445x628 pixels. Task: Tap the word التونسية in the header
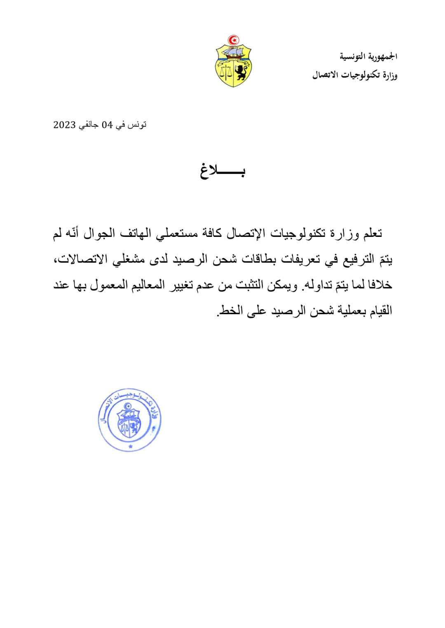354,57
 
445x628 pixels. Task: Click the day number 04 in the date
107,125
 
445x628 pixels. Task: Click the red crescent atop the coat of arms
234,40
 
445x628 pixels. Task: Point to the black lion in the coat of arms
240,73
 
